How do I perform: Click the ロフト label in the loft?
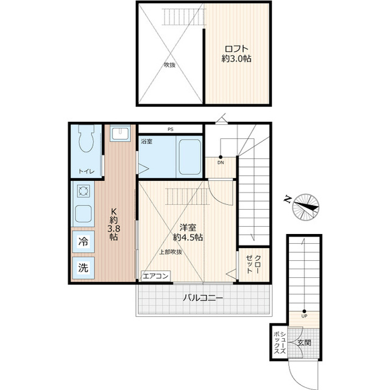click(x=236, y=48)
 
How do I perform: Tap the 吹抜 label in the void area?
click(x=169, y=65)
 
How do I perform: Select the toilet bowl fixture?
click(x=87, y=138)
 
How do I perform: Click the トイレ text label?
click(x=87, y=171)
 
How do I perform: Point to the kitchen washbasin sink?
click(x=120, y=133)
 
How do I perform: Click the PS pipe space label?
click(x=171, y=129)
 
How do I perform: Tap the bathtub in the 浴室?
click(x=190, y=157)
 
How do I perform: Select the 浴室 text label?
click(x=146, y=141)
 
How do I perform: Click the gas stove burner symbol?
click(x=83, y=191)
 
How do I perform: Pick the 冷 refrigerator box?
click(x=83, y=241)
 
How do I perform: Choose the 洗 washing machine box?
click(x=83, y=268)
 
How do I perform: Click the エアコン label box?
click(x=156, y=276)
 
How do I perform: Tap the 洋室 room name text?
click(x=188, y=227)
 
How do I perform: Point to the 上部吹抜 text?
click(x=171, y=252)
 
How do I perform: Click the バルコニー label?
click(x=203, y=297)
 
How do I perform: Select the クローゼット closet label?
click(x=253, y=264)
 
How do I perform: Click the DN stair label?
click(x=221, y=163)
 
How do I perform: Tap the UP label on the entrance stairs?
click(x=304, y=316)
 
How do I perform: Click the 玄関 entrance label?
click(x=304, y=342)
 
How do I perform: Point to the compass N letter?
click(x=288, y=199)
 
